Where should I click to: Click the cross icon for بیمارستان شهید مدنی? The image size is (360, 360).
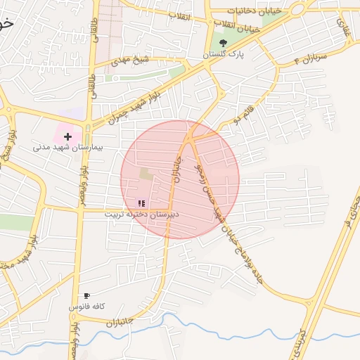pos(67,135)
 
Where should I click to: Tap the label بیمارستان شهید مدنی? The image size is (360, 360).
pos(67,148)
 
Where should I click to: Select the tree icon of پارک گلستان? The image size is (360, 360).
pos(223,44)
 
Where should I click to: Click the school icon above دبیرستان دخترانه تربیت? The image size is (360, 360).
pos(141,202)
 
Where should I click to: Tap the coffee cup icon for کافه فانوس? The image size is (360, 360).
pos(86,296)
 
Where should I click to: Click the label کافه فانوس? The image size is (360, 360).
pos(86,307)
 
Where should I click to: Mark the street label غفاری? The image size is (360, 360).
pos(343,28)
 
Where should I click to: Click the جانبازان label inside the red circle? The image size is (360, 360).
pos(178,169)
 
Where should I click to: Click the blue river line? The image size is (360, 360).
pos(211,325)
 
